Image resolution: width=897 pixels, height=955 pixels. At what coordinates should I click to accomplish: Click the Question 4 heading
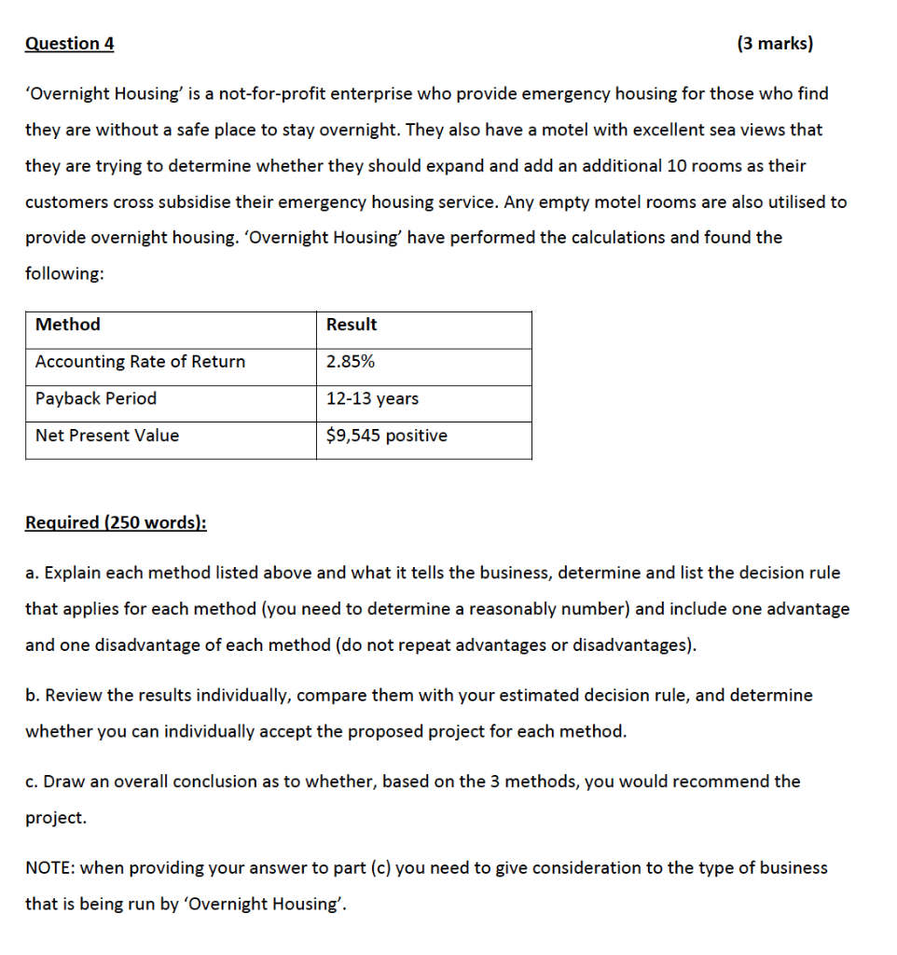pos(70,44)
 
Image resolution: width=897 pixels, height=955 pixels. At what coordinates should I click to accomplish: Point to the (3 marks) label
pos(775,44)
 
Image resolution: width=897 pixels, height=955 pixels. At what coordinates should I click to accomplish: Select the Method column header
pos(68,325)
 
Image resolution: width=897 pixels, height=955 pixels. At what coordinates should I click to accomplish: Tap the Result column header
pos(352,325)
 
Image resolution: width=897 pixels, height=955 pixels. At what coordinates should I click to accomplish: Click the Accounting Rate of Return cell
pos(140,362)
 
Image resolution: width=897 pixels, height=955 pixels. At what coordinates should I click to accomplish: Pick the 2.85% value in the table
pos(351,362)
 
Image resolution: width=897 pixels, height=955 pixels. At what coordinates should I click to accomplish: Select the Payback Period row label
pos(96,398)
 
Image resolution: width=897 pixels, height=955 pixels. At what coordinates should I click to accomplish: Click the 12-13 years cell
pos(372,398)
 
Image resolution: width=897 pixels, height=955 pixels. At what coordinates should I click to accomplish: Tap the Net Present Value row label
pos(107,436)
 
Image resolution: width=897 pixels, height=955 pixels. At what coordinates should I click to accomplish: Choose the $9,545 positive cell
pos(386,436)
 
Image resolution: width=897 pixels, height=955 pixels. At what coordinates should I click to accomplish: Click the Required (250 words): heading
pos(116,522)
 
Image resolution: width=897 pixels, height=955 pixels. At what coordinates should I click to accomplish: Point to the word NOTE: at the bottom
pos(50,868)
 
